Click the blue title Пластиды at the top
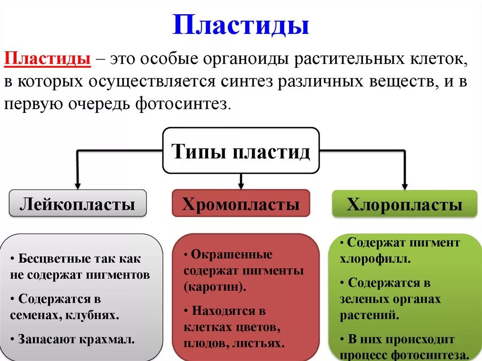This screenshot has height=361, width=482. (241, 25)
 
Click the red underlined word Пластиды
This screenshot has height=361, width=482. (48, 60)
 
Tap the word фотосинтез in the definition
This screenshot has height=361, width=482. (182, 104)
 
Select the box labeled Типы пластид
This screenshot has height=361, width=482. (241, 152)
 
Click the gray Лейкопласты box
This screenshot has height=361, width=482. (78, 204)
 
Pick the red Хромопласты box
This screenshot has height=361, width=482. (241, 204)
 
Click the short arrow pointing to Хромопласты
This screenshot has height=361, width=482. (241, 182)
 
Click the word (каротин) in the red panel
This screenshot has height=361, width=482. (214, 287)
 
